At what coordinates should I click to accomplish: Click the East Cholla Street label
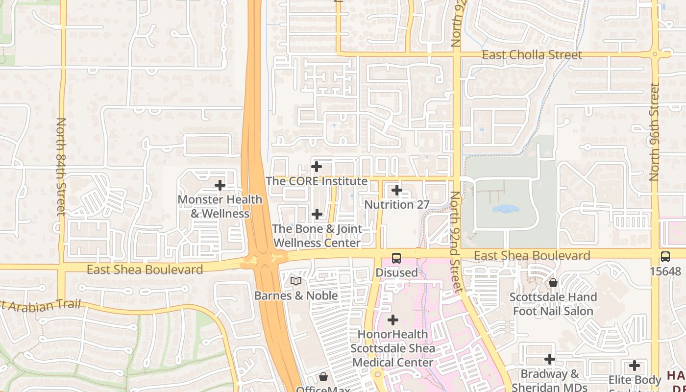tap(532, 54)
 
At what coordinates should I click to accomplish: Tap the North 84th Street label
tap(61, 166)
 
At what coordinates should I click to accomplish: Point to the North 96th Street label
tap(655, 132)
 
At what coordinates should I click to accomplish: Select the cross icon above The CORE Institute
tap(317, 167)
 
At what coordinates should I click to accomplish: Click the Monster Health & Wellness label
tap(220, 206)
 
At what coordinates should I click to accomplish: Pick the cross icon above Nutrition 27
tap(397, 190)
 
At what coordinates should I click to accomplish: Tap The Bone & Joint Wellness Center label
tap(317, 236)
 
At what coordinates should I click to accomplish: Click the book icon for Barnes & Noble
tap(295, 281)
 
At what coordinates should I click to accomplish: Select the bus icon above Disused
tap(396, 258)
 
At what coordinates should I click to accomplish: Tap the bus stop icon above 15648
tap(665, 256)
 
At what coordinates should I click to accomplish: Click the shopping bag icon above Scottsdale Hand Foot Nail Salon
tap(553, 283)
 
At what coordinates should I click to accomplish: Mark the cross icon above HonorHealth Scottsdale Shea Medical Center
tap(393, 320)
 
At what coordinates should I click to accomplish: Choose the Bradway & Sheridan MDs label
tap(549, 380)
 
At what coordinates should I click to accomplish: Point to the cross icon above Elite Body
tap(635, 366)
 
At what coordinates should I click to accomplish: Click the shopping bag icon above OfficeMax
tap(323, 377)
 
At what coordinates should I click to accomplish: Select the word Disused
tap(396, 272)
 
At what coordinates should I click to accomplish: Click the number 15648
tap(665, 271)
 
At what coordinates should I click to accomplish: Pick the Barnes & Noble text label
tap(295, 295)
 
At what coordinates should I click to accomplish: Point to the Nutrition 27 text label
tap(397, 204)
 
